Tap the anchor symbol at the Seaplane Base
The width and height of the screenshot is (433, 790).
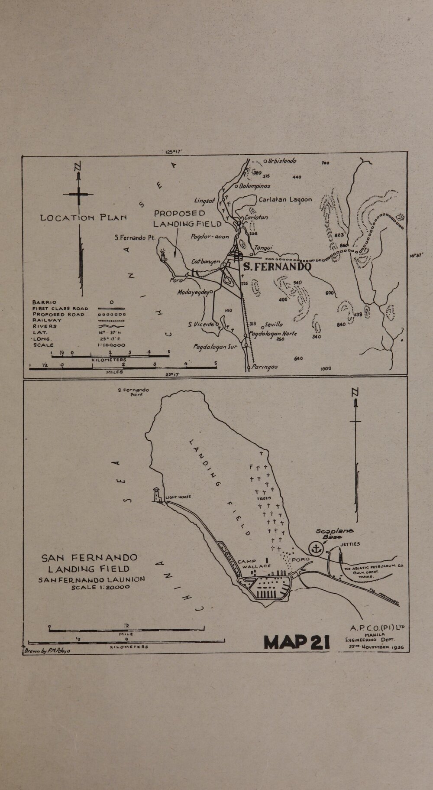tap(316, 549)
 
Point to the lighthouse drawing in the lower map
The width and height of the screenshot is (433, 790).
tap(157, 494)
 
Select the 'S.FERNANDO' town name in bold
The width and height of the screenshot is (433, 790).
tap(276, 267)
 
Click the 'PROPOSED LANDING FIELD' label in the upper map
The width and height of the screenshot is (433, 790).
tap(187, 219)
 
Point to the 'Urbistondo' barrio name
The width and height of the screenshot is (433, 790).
tap(282, 161)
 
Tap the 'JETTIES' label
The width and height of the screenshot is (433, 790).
tap(350, 544)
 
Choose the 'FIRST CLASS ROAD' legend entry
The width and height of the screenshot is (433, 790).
tap(60, 308)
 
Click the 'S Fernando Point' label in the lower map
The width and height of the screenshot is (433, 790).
tap(133, 392)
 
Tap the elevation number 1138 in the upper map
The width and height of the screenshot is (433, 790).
tap(357, 315)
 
